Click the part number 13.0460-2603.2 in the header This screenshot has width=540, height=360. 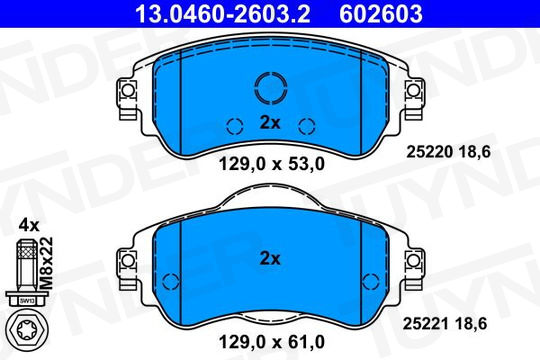tap(223, 14)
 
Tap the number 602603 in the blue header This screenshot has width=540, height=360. tap(381, 14)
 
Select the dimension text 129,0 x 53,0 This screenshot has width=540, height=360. tap(272, 164)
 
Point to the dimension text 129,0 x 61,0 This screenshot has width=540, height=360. tap(272, 342)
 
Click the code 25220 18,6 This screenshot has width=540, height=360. tap(448, 152)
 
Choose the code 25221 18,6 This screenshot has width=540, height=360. tap(445, 324)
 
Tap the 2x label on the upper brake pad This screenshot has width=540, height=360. tap(270, 123)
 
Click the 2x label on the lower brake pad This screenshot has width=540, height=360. tap(270, 258)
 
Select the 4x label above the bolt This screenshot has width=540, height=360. tap(29, 226)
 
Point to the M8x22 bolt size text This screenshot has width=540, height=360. tap(46, 263)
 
